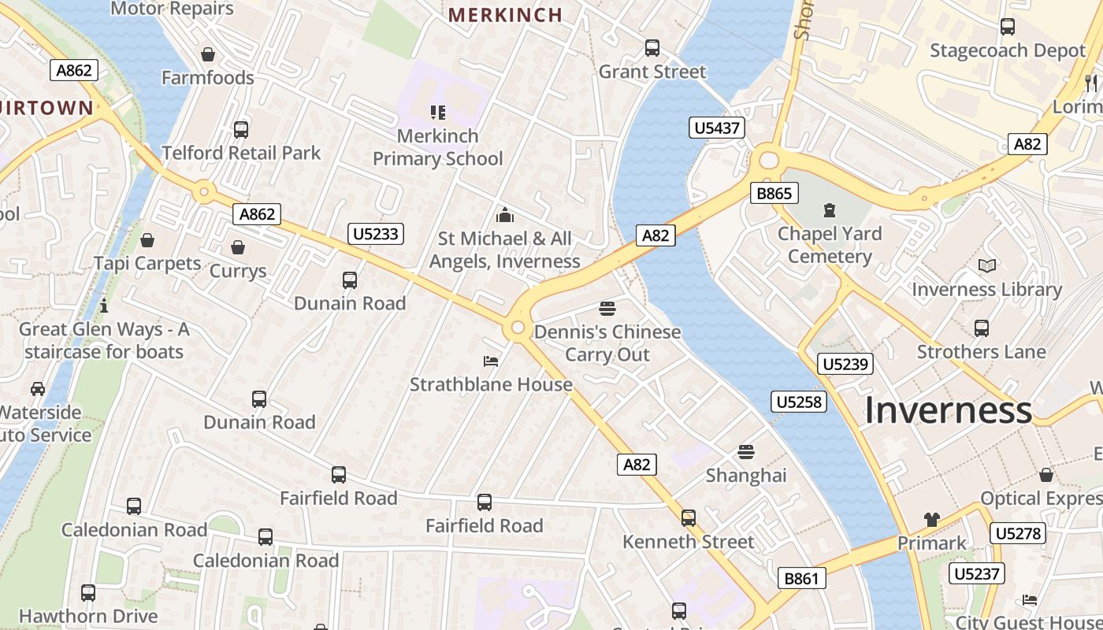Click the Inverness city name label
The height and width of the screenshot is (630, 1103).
tap(948, 410)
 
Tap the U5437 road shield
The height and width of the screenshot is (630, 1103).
tap(717, 128)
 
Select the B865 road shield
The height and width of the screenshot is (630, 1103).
tap(774, 193)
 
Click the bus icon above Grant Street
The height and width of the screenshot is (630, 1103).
tap(652, 48)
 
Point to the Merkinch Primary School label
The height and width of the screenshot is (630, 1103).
tap(437, 147)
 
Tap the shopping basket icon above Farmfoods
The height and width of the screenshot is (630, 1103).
tap(208, 54)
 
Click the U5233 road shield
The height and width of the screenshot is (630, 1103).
tap(376, 233)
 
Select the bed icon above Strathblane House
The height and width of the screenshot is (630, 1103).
tap(491, 361)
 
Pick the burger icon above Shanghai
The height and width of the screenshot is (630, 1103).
tap(746, 452)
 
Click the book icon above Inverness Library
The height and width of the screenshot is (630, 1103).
tap(986, 266)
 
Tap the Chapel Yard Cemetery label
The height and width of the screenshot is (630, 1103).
tap(830, 245)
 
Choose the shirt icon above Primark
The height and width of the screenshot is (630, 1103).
tap(932, 520)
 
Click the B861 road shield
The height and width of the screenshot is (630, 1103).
tap(802, 578)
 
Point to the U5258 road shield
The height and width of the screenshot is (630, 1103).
tap(799, 402)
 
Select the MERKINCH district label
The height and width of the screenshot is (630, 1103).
tap(505, 14)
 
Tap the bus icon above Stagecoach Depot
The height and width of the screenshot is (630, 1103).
tap(1007, 27)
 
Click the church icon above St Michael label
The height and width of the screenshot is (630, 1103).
tap(505, 214)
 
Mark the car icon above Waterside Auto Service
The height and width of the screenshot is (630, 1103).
tap(37, 389)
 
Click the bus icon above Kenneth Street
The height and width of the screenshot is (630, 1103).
tap(689, 517)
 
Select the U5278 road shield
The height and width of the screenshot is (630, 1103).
tap(1018, 533)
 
